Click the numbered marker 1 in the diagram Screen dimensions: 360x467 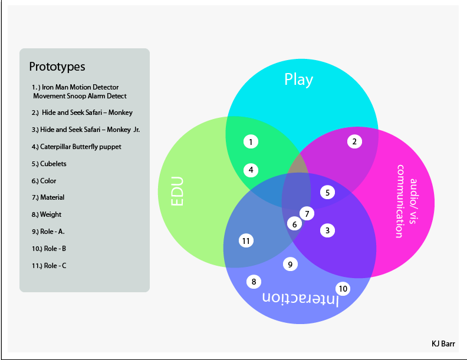pyautogui.click(x=251, y=141)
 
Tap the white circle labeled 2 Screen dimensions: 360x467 pyautogui.click(x=354, y=141)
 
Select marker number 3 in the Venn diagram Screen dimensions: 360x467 pyautogui.click(x=328, y=230)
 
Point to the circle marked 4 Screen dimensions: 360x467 pyautogui.click(x=251, y=170)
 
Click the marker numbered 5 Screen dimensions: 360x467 pyautogui.click(x=328, y=192)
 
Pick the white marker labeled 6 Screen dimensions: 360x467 pyautogui.click(x=294, y=223)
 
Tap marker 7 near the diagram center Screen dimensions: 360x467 pyautogui.click(x=307, y=213)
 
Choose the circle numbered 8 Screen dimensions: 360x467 pyautogui.click(x=254, y=282)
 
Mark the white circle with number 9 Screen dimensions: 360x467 pyautogui.click(x=290, y=265)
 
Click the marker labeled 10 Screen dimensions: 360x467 pyautogui.click(x=343, y=289)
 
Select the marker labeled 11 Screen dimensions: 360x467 pyautogui.click(x=246, y=240)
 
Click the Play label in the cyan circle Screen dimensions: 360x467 pyautogui.click(x=299, y=80)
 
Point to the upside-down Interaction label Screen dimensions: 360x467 pyautogui.click(x=300, y=299)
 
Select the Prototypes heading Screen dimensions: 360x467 pyautogui.click(x=57, y=66)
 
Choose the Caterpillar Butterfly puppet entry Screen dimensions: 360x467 pyautogui.click(x=77, y=146)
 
